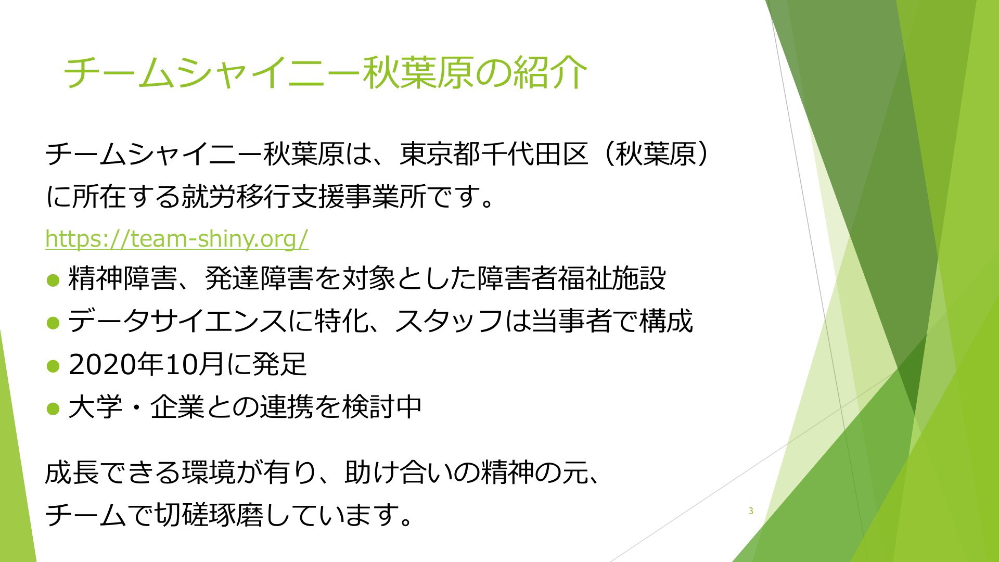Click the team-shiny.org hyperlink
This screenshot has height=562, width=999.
click(x=177, y=238)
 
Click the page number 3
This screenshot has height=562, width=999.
click(x=751, y=511)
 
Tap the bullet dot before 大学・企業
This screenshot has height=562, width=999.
click(x=54, y=408)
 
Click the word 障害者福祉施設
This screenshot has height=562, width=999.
click(x=572, y=278)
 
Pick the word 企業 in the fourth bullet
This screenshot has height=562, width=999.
click(x=177, y=406)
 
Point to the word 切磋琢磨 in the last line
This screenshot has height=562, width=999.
click(x=209, y=515)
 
